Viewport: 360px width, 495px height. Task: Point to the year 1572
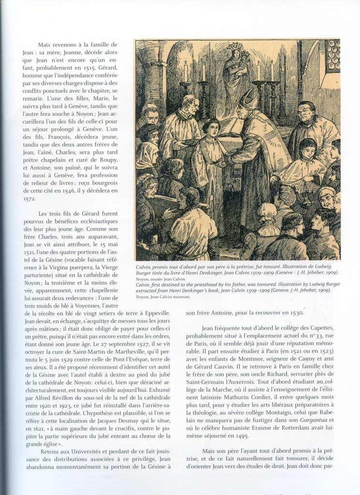point(29,198)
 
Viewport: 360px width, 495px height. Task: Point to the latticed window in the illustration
point(332,55)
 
